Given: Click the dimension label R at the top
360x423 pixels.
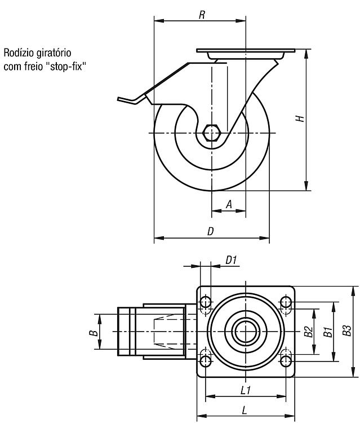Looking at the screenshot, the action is click(202, 15).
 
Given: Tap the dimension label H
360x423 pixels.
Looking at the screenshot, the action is click(300, 118).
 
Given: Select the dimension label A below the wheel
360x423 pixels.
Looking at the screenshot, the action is click(229, 204).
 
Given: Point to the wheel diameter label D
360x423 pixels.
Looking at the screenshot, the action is click(211, 231).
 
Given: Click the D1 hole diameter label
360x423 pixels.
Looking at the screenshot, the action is click(231, 261).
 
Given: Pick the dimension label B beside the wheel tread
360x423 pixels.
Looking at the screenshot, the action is click(93, 333).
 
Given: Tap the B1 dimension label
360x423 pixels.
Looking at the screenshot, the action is click(328, 332).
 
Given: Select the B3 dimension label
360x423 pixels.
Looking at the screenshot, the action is click(347, 331).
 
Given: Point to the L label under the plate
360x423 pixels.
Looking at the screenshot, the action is click(244, 411).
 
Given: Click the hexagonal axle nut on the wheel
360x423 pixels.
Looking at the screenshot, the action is click(212, 133).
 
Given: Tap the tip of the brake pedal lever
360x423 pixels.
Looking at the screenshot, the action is click(118, 99).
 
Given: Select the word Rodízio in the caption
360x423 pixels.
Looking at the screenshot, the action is click(19, 52).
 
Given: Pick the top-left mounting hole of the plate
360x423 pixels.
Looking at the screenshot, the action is click(206, 302).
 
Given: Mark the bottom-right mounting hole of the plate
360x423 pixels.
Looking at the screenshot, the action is click(286, 361).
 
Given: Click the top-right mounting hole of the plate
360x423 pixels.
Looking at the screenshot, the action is click(286, 302).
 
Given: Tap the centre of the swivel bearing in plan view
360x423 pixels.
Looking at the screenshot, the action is click(246, 332).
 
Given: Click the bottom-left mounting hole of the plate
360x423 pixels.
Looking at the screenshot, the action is click(206, 361).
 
